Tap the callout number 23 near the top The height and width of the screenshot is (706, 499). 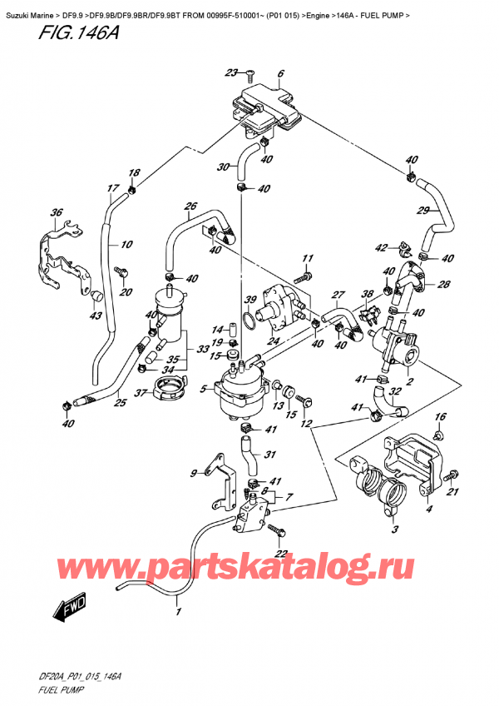[231, 72]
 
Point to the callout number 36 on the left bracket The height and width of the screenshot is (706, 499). [57, 213]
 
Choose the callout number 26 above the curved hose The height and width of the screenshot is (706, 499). [190, 206]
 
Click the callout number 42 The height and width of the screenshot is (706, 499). [382, 247]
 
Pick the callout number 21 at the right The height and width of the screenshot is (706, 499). [454, 493]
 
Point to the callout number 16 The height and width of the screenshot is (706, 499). [441, 416]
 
